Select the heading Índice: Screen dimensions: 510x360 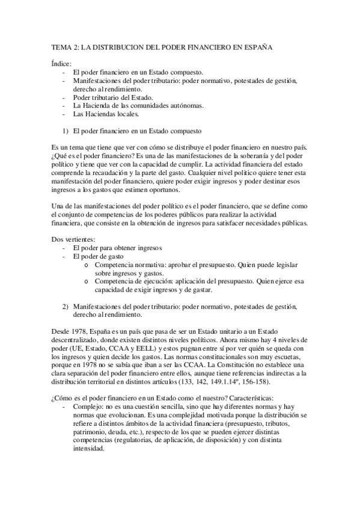[x=61, y=63]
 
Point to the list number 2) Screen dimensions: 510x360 [x=66, y=306]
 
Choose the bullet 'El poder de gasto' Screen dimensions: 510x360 [x=99, y=256]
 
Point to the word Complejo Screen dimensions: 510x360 [x=88, y=407]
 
